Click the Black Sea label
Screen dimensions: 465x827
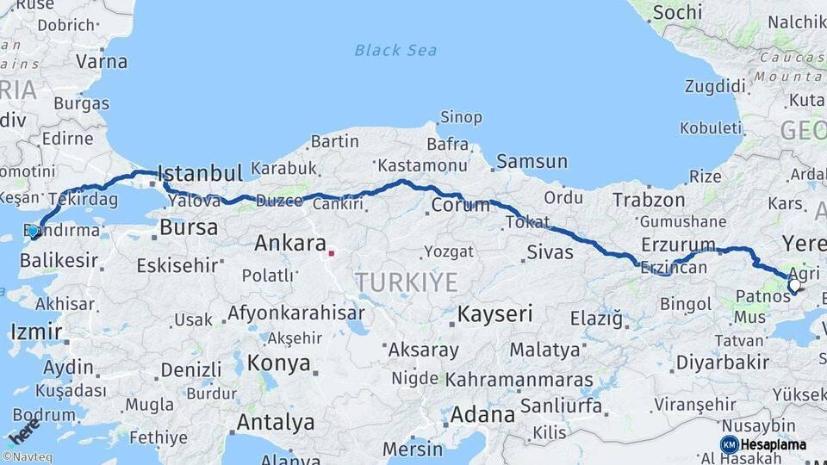click(x=395, y=50)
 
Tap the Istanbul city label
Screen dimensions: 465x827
click(x=201, y=173)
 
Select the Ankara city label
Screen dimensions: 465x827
click(x=290, y=244)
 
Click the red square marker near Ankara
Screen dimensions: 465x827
click(x=332, y=253)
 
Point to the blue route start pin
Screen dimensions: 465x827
click(x=34, y=232)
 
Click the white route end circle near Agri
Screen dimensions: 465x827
click(x=793, y=288)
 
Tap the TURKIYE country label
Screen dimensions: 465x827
click(x=406, y=281)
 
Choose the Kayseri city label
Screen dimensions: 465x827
click(x=494, y=313)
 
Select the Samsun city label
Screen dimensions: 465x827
click(x=532, y=161)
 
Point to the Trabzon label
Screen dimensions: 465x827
click(x=649, y=200)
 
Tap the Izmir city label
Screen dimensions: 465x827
click(x=35, y=332)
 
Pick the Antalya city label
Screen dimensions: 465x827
click(x=275, y=423)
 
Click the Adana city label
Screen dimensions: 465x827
click(x=482, y=415)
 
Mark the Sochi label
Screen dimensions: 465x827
click(x=677, y=13)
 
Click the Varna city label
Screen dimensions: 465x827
click(x=102, y=61)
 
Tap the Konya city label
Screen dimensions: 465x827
click(x=278, y=363)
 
